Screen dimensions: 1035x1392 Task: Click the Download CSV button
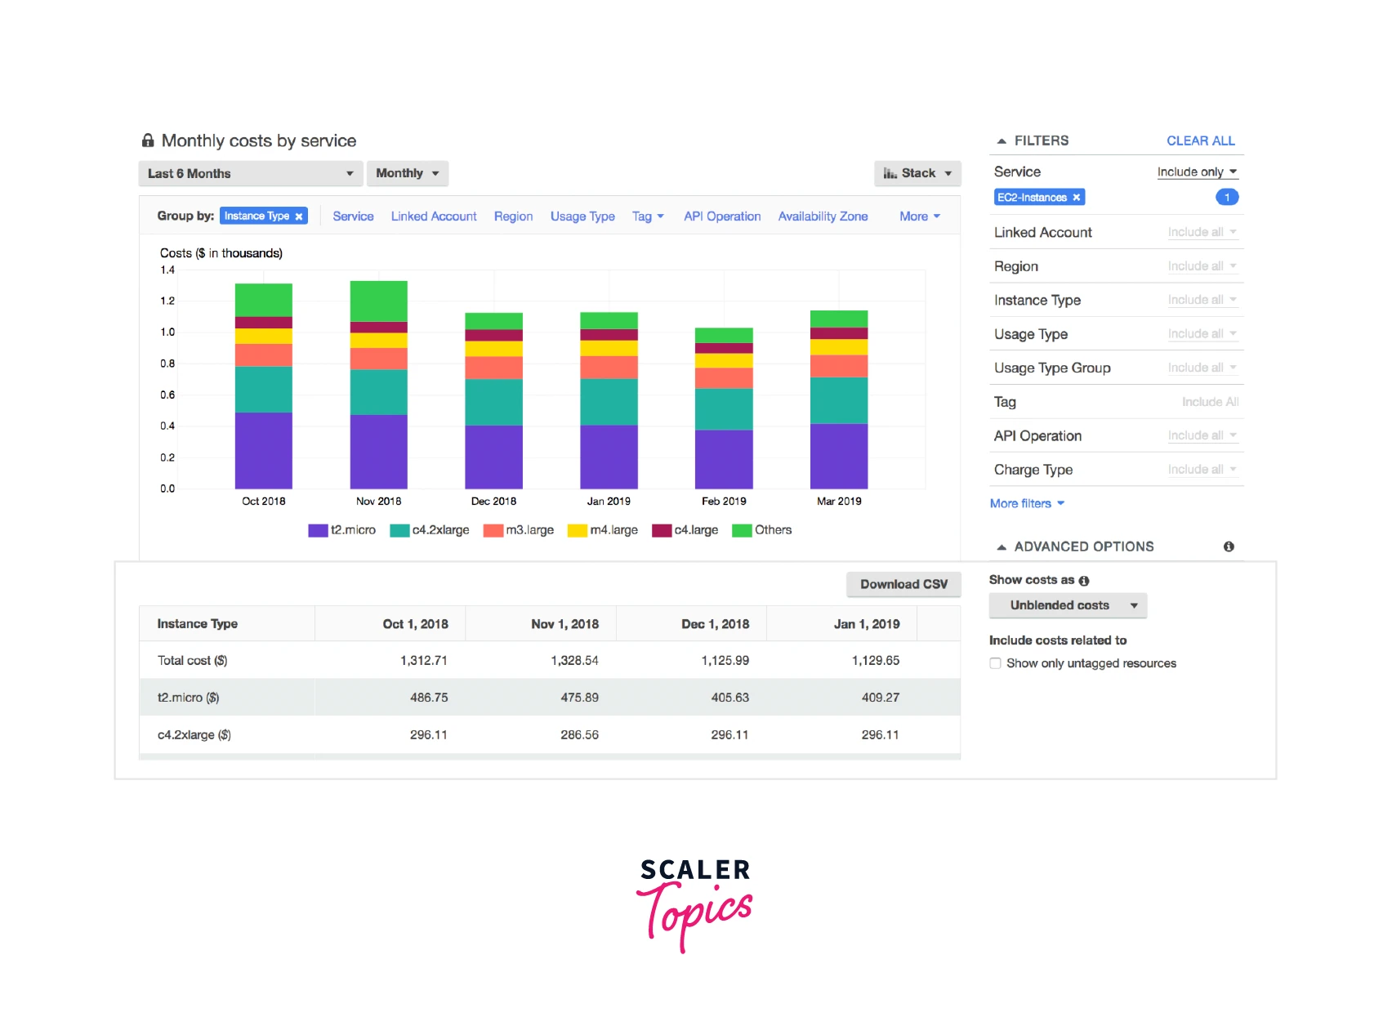click(903, 584)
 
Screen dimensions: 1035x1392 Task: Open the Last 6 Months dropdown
click(250, 173)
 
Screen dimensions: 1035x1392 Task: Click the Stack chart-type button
click(917, 173)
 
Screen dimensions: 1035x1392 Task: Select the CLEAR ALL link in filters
click(1200, 141)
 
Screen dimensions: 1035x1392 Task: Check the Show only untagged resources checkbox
click(995, 663)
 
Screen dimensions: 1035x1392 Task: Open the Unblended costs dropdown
click(1068, 605)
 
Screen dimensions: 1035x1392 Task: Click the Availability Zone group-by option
click(823, 216)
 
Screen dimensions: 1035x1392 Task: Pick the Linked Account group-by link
click(434, 216)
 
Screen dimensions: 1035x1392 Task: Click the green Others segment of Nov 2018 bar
click(378, 301)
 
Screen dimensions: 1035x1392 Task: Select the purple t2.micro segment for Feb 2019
click(724, 458)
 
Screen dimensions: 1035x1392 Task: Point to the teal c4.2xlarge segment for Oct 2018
click(263, 389)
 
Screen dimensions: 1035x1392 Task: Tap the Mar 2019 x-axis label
click(839, 501)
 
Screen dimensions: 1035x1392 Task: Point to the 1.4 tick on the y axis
click(167, 270)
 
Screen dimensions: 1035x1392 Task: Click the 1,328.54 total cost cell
click(574, 660)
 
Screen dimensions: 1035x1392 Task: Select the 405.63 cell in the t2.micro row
click(729, 698)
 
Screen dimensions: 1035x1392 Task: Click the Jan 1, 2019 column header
click(866, 624)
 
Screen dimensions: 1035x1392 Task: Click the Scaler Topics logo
click(695, 903)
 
